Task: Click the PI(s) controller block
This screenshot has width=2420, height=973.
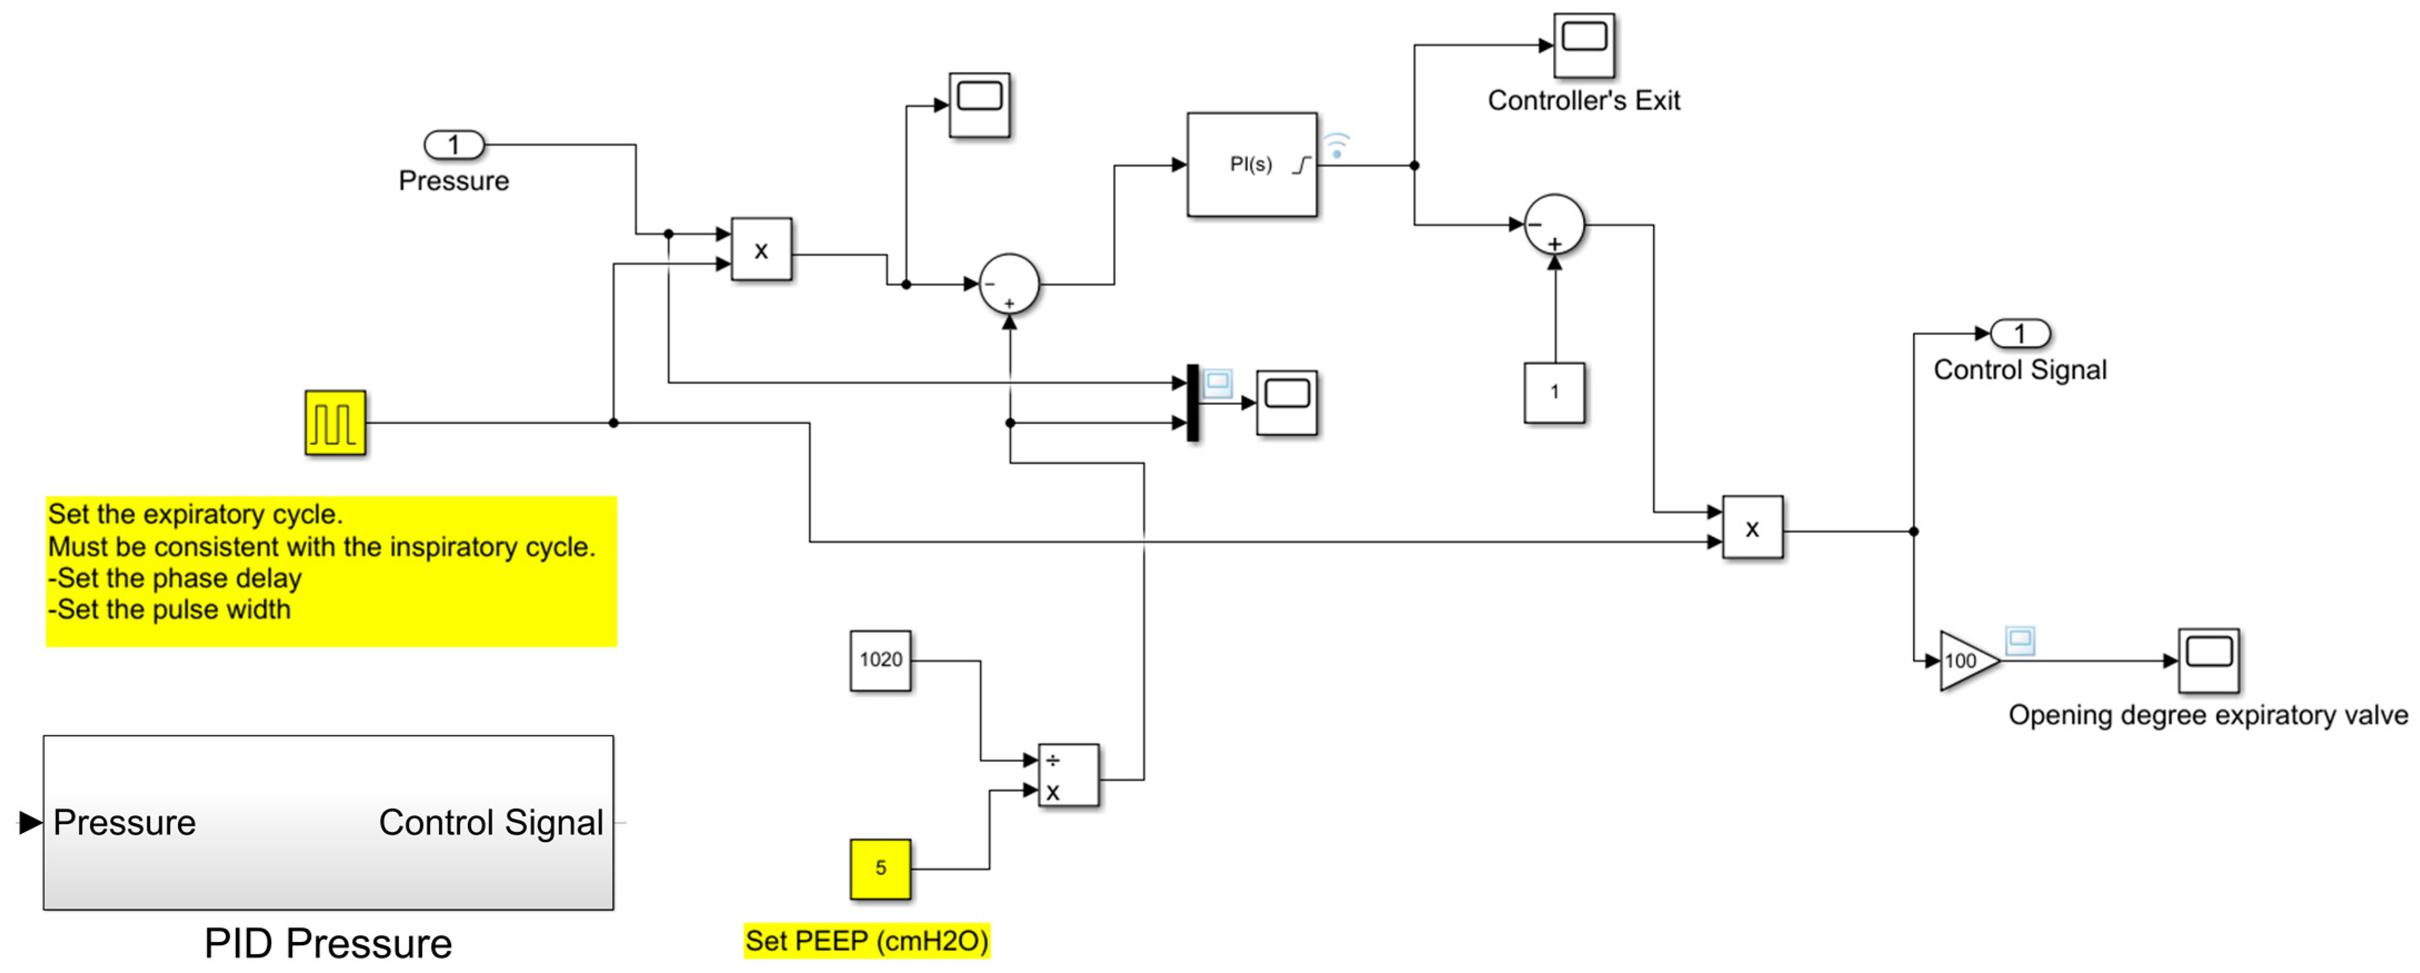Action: coord(1251,165)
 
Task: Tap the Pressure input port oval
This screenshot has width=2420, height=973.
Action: coord(454,146)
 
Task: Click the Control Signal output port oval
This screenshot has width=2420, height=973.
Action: coord(2020,333)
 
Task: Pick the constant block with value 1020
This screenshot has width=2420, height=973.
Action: coord(880,660)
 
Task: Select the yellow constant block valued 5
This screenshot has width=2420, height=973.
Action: coord(880,869)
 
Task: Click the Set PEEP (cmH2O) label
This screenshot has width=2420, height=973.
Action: coord(866,940)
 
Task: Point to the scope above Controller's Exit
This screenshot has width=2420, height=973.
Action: coord(1584,44)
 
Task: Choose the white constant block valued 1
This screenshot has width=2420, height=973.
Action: coord(1554,393)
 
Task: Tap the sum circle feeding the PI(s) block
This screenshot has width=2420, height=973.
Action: coord(1009,284)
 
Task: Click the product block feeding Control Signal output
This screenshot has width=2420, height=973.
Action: coord(1752,528)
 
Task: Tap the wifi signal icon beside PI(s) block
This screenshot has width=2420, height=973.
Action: coord(1336,146)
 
